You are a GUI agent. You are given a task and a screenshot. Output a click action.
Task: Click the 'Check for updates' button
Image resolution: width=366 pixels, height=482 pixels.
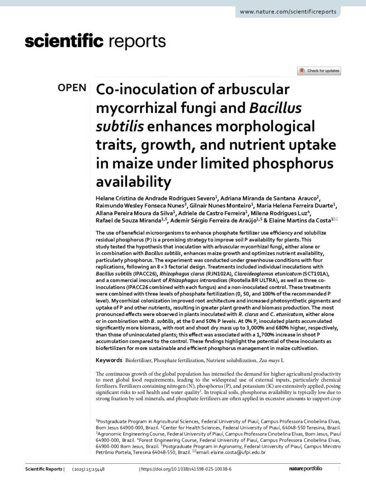point(319,71)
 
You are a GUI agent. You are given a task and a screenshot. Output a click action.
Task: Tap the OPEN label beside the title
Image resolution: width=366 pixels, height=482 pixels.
point(72,88)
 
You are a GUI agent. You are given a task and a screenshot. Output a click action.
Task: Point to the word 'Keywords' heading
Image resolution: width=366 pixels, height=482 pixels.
point(109,360)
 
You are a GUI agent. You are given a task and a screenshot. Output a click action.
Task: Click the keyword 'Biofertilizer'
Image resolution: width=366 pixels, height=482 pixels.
point(141,360)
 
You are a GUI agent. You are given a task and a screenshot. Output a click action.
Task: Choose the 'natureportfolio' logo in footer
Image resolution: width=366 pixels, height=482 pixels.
point(305,469)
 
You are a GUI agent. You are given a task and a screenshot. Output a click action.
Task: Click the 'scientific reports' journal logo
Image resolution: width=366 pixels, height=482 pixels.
point(95,42)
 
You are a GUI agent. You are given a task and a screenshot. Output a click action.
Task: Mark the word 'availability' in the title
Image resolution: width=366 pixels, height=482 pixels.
point(132,180)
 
